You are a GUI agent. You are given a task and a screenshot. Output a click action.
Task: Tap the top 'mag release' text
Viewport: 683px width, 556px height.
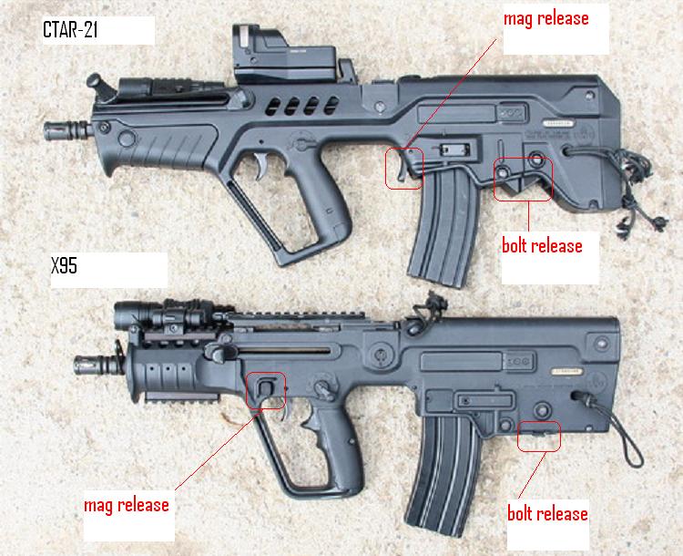tap(546, 18)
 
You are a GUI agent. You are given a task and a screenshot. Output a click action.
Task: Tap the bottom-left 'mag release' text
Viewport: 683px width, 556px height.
tap(127, 504)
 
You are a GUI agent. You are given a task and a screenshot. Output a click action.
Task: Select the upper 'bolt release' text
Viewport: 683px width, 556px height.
tap(542, 245)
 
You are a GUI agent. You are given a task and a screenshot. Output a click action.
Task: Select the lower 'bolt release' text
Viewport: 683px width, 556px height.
tap(547, 513)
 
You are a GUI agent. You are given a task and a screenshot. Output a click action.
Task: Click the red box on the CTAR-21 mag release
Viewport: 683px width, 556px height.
tap(403, 169)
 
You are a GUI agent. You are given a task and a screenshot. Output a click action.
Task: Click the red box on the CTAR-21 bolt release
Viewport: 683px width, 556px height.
tap(525, 178)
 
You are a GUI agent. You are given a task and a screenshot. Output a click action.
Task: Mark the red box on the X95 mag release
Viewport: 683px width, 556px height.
tap(266, 390)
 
